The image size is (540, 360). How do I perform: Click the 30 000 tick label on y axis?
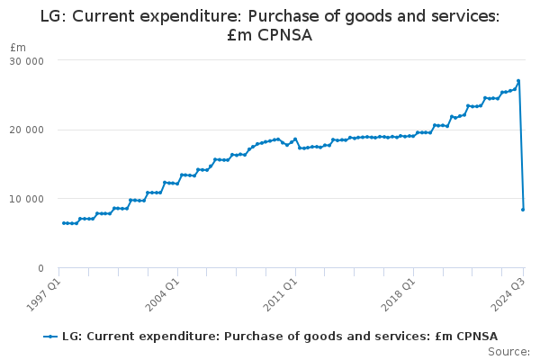click(x=26, y=61)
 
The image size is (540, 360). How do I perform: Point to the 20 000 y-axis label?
click(x=26, y=130)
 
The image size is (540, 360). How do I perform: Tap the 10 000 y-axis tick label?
click(x=26, y=199)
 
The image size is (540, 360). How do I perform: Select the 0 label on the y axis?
click(x=41, y=268)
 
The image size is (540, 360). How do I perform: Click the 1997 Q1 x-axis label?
click(x=43, y=294)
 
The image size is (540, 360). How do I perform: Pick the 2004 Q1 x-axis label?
click(x=162, y=294)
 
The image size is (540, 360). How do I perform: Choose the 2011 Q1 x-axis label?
click(x=280, y=294)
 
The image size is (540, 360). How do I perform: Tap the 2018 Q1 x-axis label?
click(x=398, y=294)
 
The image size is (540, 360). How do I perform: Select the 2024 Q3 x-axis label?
click(x=508, y=294)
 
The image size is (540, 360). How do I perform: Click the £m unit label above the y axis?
click(x=18, y=48)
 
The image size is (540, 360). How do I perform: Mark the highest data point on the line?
click(x=518, y=81)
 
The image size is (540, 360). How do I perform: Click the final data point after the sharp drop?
click(x=523, y=210)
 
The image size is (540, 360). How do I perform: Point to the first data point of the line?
click(x=64, y=223)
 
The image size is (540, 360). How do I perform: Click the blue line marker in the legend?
click(x=50, y=337)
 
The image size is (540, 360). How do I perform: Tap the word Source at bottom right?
click(x=509, y=352)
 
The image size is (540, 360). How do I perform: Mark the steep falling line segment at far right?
click(x=521, y=145)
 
